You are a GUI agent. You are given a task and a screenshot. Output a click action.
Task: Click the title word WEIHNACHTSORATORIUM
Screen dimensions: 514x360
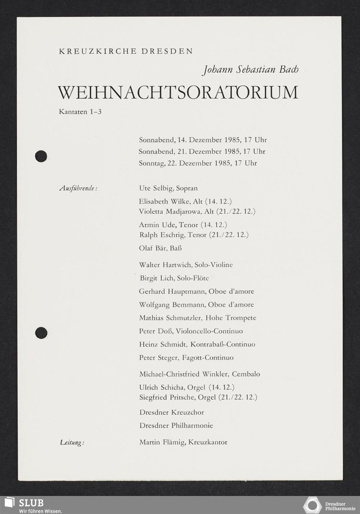pos(178,93)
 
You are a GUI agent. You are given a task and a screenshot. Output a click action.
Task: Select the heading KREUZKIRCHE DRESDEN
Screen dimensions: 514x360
pos(126,51)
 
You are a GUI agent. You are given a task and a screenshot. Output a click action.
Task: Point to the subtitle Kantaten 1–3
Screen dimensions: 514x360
pos(80,112)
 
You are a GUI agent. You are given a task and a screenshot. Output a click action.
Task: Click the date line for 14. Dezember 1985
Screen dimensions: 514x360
pos(203,140)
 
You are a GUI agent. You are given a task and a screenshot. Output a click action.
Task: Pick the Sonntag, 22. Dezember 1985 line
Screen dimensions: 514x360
pos(198,163)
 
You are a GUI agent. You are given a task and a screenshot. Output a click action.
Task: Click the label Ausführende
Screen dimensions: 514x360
pos(78,188)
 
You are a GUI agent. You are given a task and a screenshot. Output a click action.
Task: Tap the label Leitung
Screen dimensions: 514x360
pos(72,442)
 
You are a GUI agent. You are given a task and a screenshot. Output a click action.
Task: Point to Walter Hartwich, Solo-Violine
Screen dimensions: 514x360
pos(186,265)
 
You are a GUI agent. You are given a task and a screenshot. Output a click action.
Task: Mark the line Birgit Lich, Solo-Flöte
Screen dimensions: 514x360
pos(174,278)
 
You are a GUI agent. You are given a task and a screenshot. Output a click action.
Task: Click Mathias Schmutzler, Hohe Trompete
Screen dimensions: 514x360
pos(198,318)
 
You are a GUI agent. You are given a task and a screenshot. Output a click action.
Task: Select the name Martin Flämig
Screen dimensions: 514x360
pos(162,442)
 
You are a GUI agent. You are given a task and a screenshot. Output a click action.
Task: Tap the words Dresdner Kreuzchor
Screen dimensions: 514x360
pos(171,412)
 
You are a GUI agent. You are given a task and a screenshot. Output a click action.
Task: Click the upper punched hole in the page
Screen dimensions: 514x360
pos(41,156)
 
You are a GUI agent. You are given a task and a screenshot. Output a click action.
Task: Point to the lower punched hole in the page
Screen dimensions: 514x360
pos(41,332)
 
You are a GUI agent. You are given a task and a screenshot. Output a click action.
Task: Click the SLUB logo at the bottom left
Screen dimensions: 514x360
pos(25,505)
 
